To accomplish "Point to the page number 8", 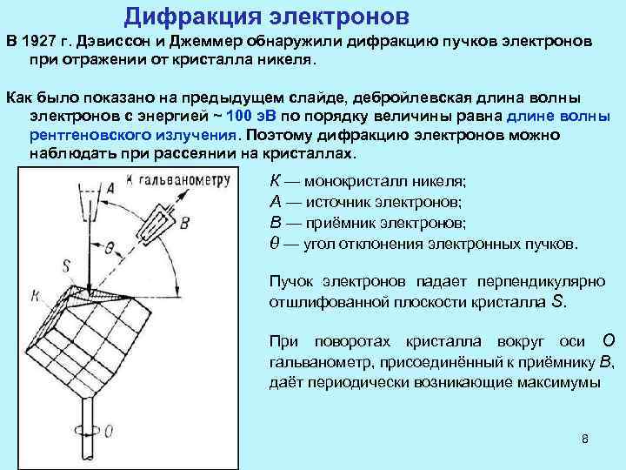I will (585, 438).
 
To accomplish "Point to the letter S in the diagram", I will (67, 265).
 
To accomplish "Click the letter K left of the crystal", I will (35, 296).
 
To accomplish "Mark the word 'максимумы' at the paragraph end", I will (558, 383).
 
